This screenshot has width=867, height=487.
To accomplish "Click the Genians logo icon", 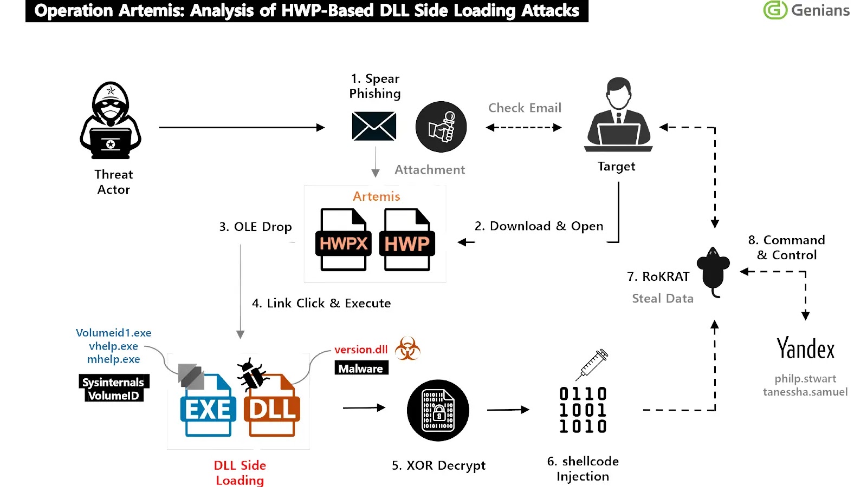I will [774, 10].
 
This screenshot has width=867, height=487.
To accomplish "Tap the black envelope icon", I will [374, 126].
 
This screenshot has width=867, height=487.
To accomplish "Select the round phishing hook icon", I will [441, 127].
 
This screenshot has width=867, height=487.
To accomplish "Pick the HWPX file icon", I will [344, 239].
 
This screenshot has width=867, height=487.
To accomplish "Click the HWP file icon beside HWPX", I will [407, 239].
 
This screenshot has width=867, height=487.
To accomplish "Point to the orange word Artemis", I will [376, 196].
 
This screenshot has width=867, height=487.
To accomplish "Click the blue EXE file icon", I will [208, 405].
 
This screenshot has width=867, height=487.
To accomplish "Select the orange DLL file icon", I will [272, 405].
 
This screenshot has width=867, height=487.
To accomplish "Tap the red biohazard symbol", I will [407, 348].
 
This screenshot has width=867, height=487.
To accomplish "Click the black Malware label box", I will [361, 368].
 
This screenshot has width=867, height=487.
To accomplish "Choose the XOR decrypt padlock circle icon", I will [438, 410].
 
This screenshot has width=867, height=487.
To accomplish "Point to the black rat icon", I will [713, 271].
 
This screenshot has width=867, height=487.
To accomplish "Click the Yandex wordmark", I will [805, 349].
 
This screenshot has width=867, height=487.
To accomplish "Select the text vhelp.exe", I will [113, 346].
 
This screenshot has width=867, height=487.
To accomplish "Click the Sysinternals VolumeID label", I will [113, 389].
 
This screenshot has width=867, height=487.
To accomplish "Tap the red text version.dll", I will [361, 350].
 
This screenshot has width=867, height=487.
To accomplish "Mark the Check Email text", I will [525, 108].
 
